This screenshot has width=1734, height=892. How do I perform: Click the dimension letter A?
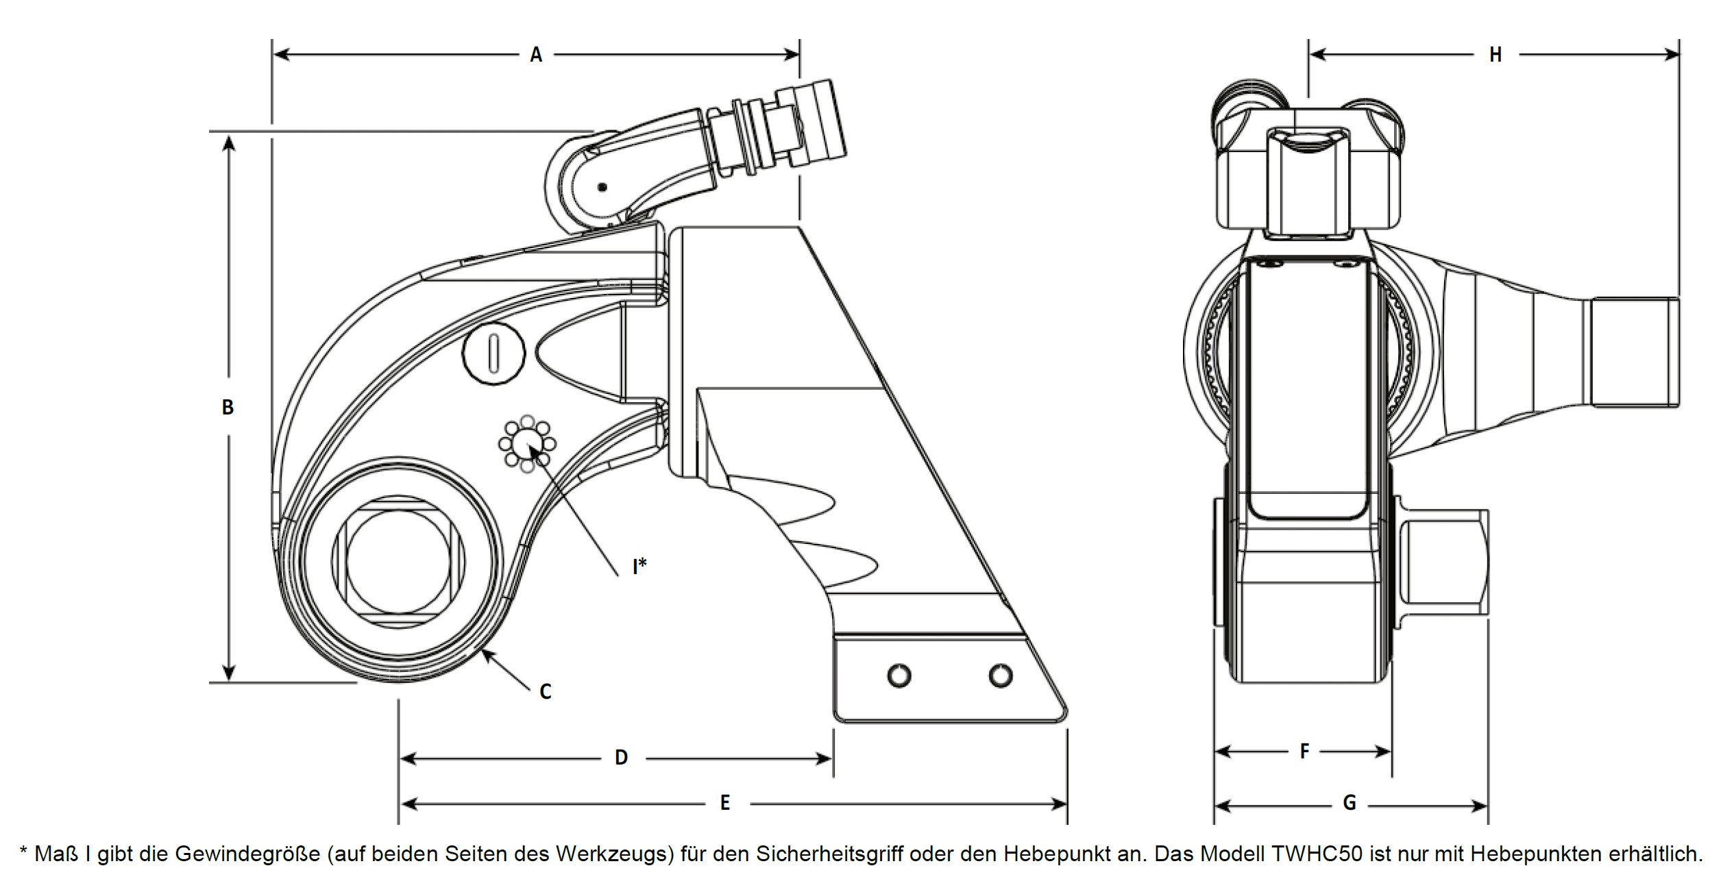[x=536, y=55]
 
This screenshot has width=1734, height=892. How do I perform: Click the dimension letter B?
[x=228, y=408]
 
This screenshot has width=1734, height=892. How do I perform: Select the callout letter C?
[x=546, y=692]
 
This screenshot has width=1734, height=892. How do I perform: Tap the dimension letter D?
[x=621, y=758]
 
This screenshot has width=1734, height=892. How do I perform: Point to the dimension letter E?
[x=725, y=803]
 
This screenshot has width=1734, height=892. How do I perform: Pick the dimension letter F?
[x=1304, y=752]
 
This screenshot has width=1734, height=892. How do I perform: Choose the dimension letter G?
[x=1350, y=803]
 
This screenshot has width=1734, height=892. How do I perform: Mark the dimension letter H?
[x=1495, y=55]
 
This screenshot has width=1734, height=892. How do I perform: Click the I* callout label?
[x=639, y=567]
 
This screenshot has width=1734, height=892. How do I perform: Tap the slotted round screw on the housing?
[x=493, y=354]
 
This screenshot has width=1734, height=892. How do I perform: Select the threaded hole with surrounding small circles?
[x=526, y=445]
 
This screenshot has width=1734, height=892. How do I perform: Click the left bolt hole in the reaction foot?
[x=899, y=676]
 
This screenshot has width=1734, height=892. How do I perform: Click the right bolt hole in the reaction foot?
[x=1001, y=676]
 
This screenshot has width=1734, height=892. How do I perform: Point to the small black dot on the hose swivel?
[x=602, y=187]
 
